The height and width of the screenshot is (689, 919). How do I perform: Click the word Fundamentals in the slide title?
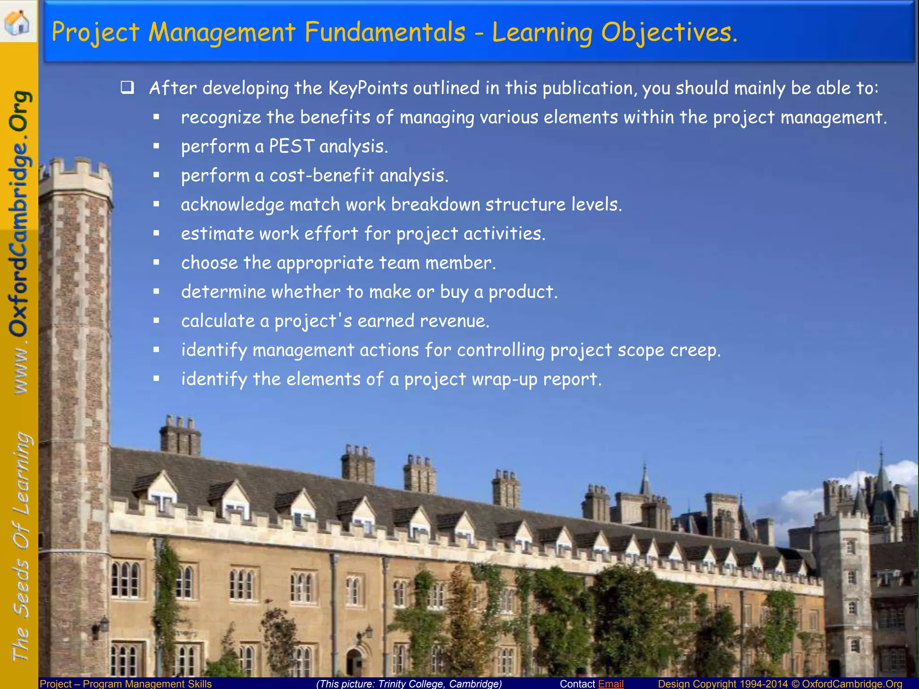385,32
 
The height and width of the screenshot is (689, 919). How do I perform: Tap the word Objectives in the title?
669,32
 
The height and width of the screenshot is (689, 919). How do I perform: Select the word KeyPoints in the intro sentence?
368,88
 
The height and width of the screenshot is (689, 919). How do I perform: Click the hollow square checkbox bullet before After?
127,87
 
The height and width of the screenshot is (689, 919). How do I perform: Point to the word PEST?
292,146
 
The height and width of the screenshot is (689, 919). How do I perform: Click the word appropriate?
325,263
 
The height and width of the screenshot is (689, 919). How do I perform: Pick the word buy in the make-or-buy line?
454,292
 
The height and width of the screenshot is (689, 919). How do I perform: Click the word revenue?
454,321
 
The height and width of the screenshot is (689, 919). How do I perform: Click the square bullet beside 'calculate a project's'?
156,321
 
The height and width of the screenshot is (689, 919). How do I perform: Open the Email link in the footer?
611,684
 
